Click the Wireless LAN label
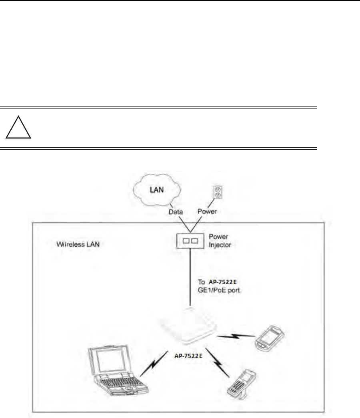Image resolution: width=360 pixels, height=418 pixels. [77, 244]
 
